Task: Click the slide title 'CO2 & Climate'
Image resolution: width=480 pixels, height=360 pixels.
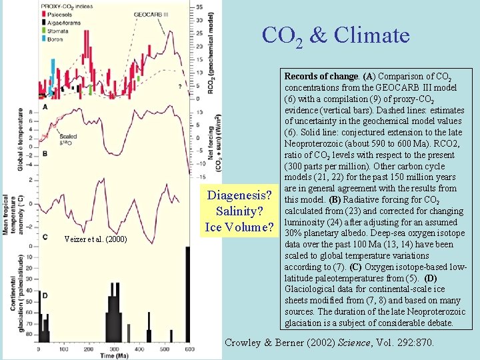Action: pyautogui.click(x=335, y=35)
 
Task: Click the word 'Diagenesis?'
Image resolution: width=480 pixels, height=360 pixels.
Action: pyautogui.click(x=240, y=196)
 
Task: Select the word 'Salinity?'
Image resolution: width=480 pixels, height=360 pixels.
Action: pyautogui.click(x=240, y=211)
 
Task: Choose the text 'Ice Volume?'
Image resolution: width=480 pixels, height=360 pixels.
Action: pyautogui.click(x=240, y=227)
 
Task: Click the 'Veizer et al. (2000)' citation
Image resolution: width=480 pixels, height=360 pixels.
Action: pyautogui.click(x=93, y=239)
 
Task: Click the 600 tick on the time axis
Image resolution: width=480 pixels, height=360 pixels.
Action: pyautogui.click(x=189, y=349)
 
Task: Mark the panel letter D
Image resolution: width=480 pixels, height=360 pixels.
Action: pyautogui.click(x=45, y=295)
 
